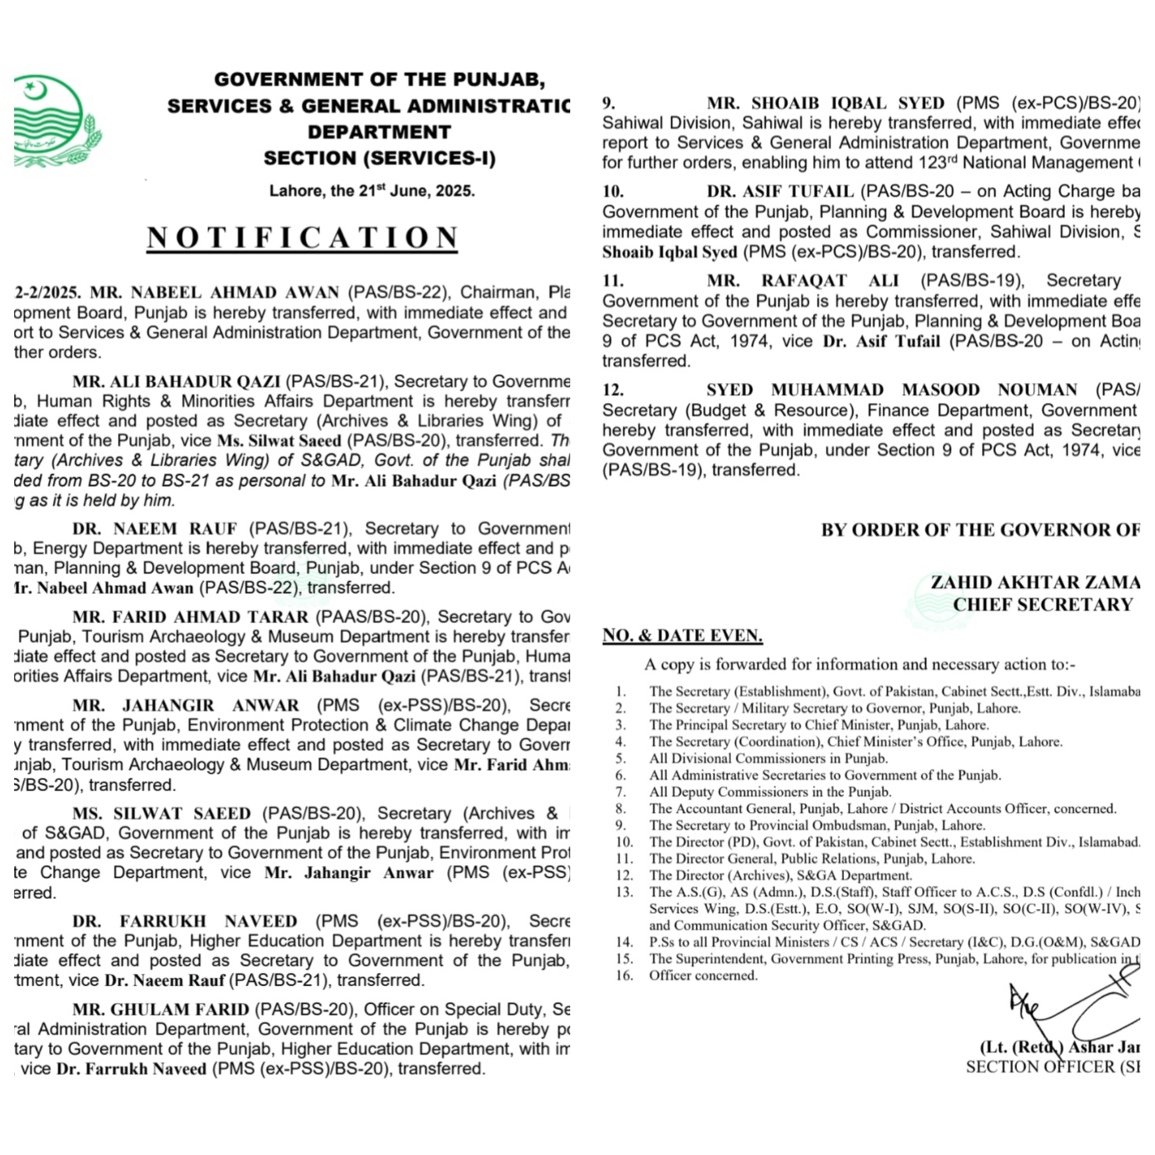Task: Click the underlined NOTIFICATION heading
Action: tap(302, 238)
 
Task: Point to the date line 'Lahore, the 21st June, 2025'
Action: tap(371, 191)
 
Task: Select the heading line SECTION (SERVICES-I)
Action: tap(380, 158)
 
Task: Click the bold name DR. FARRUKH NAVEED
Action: tap(185, 922)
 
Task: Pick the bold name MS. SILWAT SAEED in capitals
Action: tap(161, 814)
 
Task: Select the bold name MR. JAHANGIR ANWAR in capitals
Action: tap(185, 706)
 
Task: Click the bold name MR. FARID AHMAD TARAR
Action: tap(190, 617)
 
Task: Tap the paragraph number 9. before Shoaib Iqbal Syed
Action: tap(609, 103)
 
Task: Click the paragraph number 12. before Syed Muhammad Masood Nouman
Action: tap(613, 390)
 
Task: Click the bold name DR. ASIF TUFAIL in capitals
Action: tap(779, 191)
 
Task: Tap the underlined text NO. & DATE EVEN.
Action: tap(682, 636)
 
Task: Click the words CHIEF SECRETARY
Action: tap(1043, 605)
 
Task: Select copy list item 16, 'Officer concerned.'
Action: tap(703, 976)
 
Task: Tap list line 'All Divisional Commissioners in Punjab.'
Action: tap(768, 759)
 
